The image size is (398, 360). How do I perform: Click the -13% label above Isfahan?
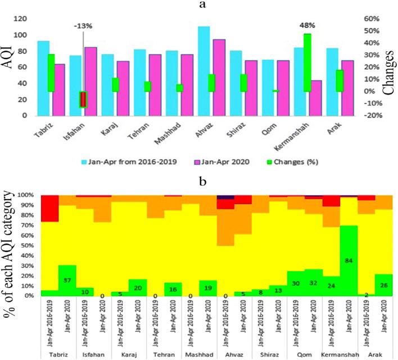coord(83,26)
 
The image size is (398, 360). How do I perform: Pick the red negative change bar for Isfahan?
coord(83,99)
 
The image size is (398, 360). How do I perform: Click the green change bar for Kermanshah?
coord(307,62)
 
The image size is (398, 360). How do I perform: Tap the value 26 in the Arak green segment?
coord(384,285)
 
